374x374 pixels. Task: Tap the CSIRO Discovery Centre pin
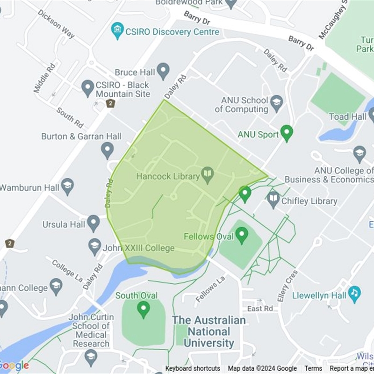(117, 30)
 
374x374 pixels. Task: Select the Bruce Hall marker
(163, 71)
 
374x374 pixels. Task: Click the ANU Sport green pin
(286, 133)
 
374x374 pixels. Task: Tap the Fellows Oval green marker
(241, 235)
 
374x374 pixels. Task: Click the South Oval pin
(143, 309)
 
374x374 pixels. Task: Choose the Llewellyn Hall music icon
(354, 294)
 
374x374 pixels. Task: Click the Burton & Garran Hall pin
(108, 150)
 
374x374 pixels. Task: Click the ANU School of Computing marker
(277, 103)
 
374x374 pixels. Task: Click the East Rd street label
(260, 309)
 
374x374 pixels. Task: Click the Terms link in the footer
(313, 368)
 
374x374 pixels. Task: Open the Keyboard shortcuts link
(193, 368)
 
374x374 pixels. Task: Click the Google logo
(14, 365)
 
